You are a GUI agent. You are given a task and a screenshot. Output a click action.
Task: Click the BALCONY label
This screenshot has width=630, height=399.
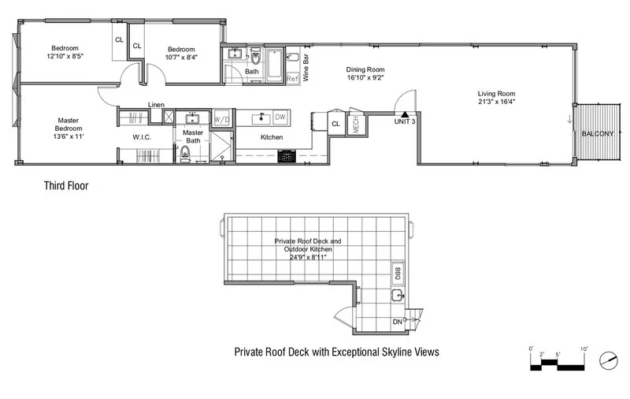[597, 134]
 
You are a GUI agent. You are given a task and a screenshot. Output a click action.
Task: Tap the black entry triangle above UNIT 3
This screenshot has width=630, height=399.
[406, 114]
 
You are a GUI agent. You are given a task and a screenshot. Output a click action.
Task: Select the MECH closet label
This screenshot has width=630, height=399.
[355, 125]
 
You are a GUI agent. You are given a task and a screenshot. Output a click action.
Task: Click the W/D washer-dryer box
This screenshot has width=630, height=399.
[222, 119]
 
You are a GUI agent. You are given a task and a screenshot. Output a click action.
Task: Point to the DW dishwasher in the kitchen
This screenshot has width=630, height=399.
[280, 117]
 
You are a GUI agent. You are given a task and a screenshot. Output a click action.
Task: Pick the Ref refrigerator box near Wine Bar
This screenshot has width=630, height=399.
[291, 78]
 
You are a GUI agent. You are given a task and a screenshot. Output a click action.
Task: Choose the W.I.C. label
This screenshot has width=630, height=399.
[142, 137]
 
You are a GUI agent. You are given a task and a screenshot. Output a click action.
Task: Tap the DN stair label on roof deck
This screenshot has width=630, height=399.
[397, 322]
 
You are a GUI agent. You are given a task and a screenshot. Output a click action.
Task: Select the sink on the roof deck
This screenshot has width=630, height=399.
[398, 296]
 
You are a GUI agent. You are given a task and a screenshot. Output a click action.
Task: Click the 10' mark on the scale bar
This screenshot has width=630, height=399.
[584, 349]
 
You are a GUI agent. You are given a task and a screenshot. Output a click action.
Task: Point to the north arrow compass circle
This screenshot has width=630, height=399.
[607, 360]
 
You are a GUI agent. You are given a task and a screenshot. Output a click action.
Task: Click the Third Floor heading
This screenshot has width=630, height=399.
[65, 187]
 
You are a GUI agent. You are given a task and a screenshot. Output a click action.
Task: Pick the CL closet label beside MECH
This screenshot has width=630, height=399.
[335, 124]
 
